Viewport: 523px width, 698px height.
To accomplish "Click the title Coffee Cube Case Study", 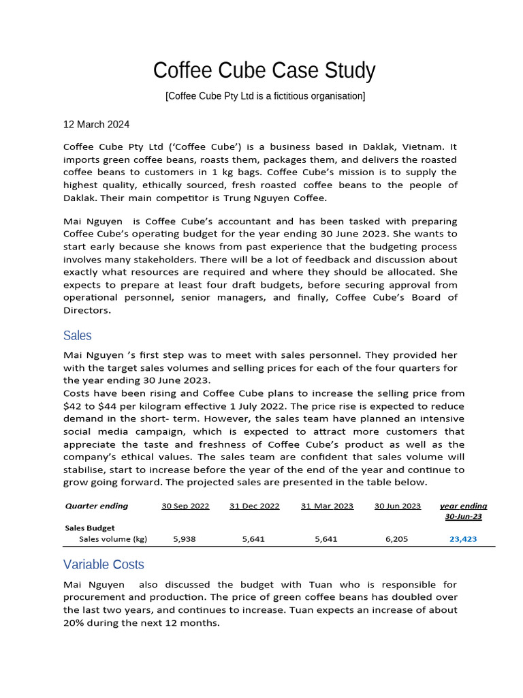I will coord(264,70).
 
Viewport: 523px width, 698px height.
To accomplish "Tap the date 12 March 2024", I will coord(96,125).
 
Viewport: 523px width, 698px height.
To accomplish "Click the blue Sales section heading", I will coord(77,335).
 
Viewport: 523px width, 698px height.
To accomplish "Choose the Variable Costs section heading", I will coord(104,564).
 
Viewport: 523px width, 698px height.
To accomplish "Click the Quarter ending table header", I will coord(96,506).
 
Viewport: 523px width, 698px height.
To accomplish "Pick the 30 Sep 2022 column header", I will coord(185,506).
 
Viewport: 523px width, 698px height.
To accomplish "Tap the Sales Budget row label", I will coord(89,528).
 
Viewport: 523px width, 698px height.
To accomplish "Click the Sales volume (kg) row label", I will coord(112,539).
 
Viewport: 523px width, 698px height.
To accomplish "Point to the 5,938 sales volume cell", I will coord(185,539).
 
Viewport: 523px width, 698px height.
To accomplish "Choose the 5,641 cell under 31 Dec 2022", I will coord(253,539).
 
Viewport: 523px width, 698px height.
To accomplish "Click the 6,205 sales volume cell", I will coord(396,539).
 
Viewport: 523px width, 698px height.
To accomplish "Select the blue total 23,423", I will coord(463,539).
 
